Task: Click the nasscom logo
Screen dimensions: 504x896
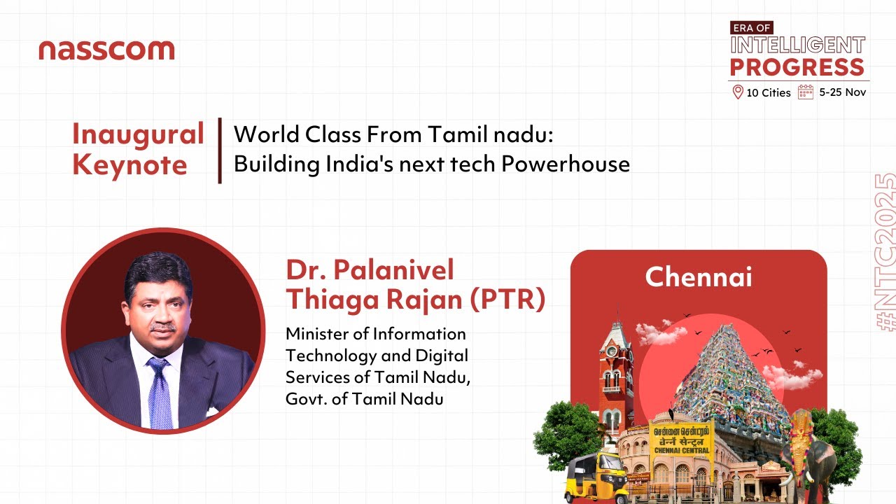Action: pyautogui.click(x=106, y=50)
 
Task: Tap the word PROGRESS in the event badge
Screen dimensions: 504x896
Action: pyautogui.click(x=797, y=67)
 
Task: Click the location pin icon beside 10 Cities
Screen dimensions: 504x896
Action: pyautogui.click(x=736, y=92)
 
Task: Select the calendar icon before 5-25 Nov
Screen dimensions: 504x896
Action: pyautogui.click(x=806, y=92)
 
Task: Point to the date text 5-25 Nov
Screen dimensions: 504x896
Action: pyautogui.click(x=843, y=92)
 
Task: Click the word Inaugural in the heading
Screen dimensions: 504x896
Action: pyautogui.click(x=138, y=134)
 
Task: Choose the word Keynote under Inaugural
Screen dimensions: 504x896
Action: pyautogui.click(x=129, y=165)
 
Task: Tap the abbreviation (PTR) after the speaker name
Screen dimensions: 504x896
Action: pyautogui.click(x=507, y=299)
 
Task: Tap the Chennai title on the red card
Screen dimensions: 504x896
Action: pyautogui.click(x=698, y=277)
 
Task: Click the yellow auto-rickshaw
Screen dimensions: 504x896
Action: pyautogui.click(x=596, y=475)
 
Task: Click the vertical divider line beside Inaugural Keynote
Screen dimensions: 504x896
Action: pyautogui.click(x=220, y=150)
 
